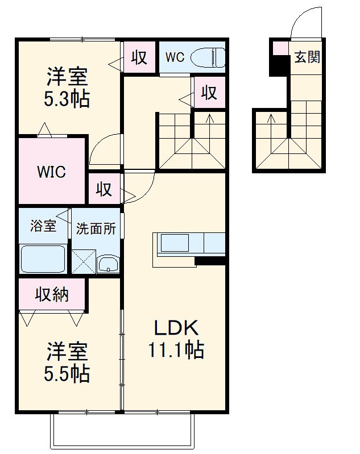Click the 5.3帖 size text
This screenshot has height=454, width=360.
point(67,99)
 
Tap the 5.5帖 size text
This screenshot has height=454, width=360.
point(67,373)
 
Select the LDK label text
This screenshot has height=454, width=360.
point(176,328)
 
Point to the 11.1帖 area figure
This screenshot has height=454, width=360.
point(176,350)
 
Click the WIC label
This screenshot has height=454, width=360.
point(51,171)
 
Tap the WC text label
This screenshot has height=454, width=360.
point(175,57)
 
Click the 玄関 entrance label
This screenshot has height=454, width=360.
point(307,57)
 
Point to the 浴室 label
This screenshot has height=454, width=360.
point(43,225)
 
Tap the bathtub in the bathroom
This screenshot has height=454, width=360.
point(43,260)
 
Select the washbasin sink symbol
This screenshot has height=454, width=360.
point(107,264)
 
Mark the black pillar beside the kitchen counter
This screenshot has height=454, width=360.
point(210,261)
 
